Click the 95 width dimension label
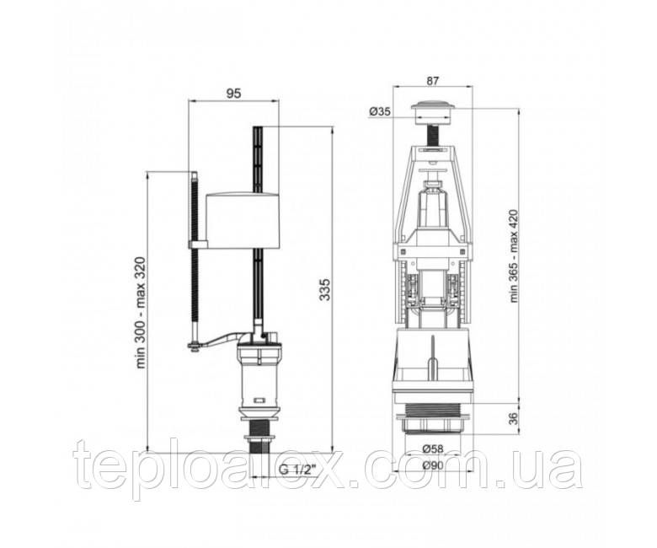(234, 94)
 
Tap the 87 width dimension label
(432, 81)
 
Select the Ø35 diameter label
(380, 111)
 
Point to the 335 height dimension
(325, 289)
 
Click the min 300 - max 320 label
(141, 313)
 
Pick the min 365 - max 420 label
(514, 255)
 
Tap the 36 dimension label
(513, 418)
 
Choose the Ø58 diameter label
(433, 449)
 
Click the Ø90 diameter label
(433, 465)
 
